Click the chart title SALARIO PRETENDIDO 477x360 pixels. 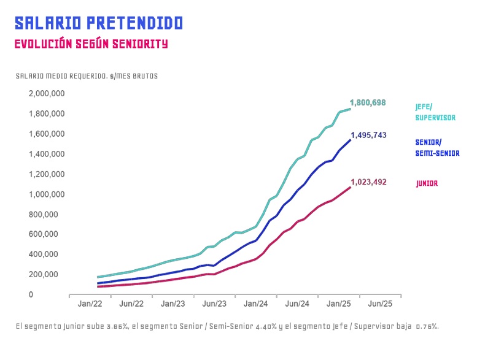pyautogui.click(x=99, y=23)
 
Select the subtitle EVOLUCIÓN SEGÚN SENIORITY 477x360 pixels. pyautogui.click(x=91, y=44)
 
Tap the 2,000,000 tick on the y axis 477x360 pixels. pyautogui.click(x=47, y=94)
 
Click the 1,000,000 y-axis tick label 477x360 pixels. pyautogui.click(x=47, y=194)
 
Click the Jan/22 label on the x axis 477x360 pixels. pyautogui.click(x=90, y=304)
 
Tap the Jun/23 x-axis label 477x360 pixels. pyautogui.click(x=214, y=304)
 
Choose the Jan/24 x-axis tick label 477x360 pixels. pyautogui.click(x=255, y=304)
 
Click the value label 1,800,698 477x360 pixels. pyautogui.click(x=368, y=102)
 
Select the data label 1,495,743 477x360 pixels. pyautogui.click(x=368, y=136)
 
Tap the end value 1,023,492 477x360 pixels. pyautogui.click(x=368, y=182)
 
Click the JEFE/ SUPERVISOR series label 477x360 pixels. pyautogui.click(x=435, y=112)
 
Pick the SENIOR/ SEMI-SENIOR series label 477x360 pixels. pyautogui.click(x=437, y=148)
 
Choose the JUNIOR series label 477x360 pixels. pyautogui.click(x=427, y=183)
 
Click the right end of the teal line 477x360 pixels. pyautogui.click(x=351, y=109)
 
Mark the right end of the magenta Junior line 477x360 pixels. pyautogui.click(x=351, y=187)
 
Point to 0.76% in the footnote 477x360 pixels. pyautogui.click(x=427, y=326)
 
